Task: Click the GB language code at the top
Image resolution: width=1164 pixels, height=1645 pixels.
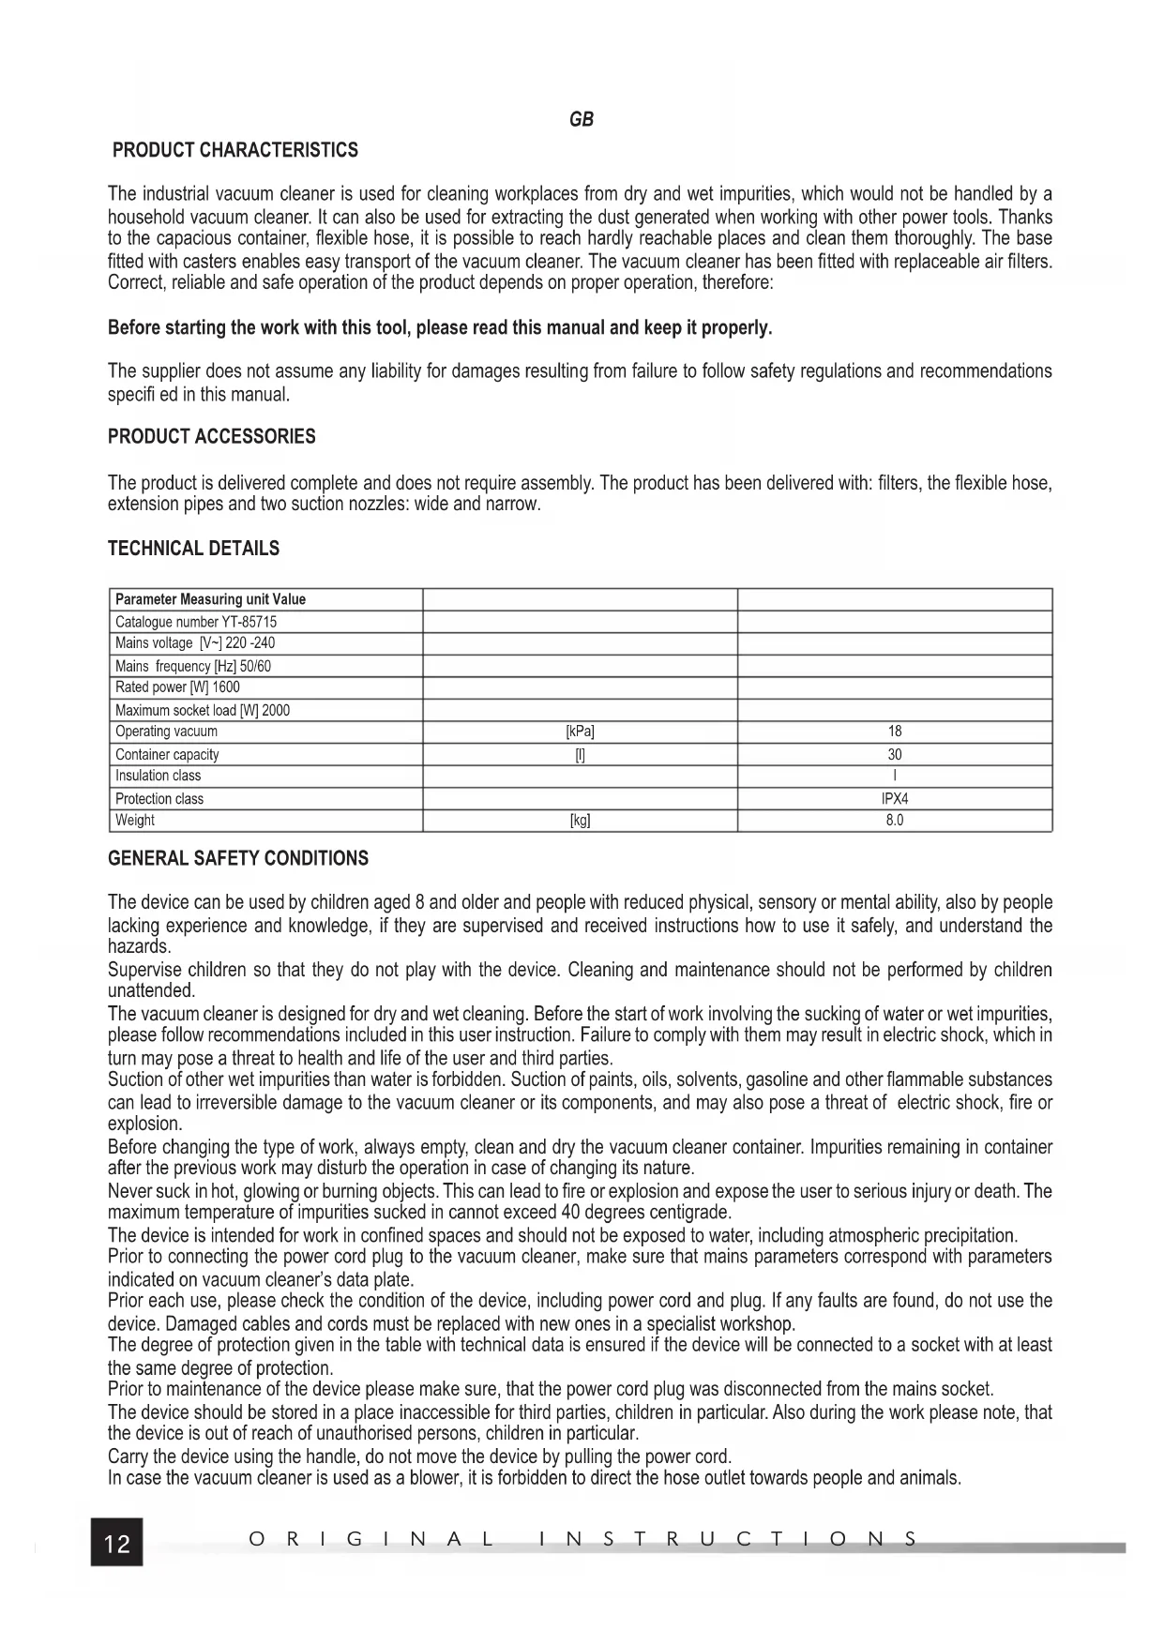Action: (582, 119)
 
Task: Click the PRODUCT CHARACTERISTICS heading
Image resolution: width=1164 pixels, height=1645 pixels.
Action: (234, 150)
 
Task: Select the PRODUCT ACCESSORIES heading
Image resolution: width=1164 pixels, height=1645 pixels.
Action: (211, 437)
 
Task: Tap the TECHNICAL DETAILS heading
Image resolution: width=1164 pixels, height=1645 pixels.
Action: (193, 549)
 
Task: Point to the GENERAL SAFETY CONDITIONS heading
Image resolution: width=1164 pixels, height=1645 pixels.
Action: (238, 858)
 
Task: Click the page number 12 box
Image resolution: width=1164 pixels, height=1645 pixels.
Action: (117, 1542)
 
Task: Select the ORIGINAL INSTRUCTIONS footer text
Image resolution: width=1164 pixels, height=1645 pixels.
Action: (582, 1539)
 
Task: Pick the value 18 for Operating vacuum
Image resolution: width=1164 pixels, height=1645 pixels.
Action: (895, 732)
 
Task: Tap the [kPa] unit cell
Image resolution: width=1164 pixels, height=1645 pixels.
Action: (580, 732)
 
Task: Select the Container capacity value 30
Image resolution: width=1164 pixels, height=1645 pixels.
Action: (895, 754)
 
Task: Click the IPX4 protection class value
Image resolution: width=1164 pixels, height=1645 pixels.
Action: (895, 799)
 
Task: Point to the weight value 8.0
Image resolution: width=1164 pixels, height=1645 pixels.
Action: (895, 821)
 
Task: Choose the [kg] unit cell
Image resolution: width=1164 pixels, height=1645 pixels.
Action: (580, 821)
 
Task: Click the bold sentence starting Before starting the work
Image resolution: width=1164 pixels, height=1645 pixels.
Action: (440, 328)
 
